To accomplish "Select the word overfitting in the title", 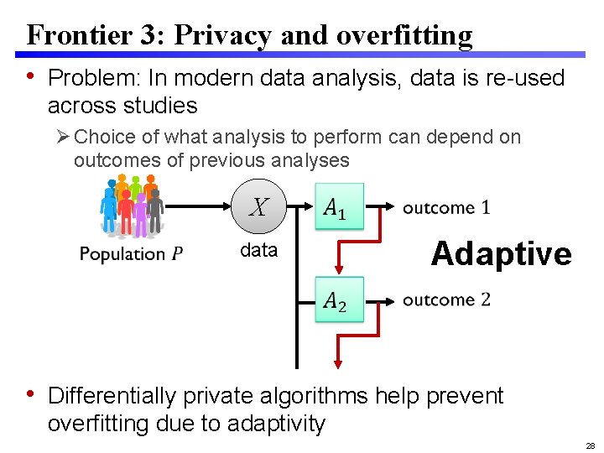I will pyautogui.click(x=404, y=35).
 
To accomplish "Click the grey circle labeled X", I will pyautogui.click(x=258, y=206).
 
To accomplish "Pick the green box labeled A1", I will pyautogui.click(x=339, y=206).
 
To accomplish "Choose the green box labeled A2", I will pyautogui.click(x=339, y=299).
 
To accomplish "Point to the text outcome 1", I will pyautogui.click(x=446, y=207).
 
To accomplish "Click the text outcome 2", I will pyautogui.click(x=446, y=299).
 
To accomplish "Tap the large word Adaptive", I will pyautogui.click(x=501, y=253).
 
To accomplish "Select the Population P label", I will pyautogui.click(x=131, y=253).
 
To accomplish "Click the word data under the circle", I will pyautogui.click(x=258, y=250).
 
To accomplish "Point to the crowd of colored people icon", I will pyautogui.click(x=130, y=206).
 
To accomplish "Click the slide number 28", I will pyautogui.click(x=590, y=445).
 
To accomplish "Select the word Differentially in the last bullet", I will pyautogui.click(x=112, y=396).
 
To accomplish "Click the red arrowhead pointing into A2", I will pyautogui.click(x=339, y=269).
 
